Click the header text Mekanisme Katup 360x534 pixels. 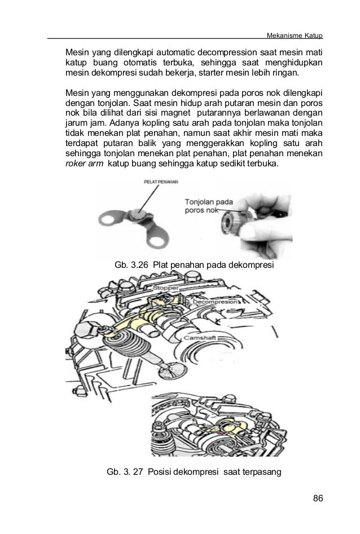click(295, 36)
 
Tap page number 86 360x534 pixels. click(318, 498)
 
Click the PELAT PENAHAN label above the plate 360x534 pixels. click(161, 182)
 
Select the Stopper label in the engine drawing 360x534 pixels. click(165, 288)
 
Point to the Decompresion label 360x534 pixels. click(216, 302)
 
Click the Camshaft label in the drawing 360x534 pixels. click(200, 338)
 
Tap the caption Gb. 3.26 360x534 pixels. click(131, 265)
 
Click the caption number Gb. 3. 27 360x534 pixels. click(125, 471)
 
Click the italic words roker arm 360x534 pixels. click(84, 164)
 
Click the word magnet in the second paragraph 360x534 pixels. click(175, 113)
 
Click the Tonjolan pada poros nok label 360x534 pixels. click(209, 206)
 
